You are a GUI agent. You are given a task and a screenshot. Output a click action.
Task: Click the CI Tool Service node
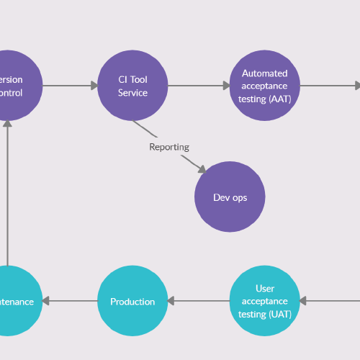[132, 86]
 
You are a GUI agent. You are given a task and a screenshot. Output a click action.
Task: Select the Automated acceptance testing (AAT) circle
[264, 86]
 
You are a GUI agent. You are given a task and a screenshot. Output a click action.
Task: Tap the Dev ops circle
[230, 197]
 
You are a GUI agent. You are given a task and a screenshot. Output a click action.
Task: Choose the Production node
[132, 301]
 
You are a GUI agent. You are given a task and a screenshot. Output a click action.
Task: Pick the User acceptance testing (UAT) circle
[264, 301]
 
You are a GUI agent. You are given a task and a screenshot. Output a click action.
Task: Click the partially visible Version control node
[11, 86]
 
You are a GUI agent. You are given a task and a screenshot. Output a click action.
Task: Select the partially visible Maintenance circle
[11, 301]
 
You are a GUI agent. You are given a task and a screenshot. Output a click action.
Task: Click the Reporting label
[169, 147]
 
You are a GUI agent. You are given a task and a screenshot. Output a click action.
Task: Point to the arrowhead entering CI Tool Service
[94, 86]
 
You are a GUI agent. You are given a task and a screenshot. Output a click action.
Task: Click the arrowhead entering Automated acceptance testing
[225, 86]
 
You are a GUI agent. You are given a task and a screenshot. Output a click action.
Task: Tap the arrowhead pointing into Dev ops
[202, 170]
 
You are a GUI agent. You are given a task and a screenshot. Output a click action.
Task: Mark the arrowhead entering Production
[172, 301]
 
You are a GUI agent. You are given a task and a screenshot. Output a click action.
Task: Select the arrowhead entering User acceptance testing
[304, 301]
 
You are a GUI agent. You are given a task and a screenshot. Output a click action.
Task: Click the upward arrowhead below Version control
[7, 124]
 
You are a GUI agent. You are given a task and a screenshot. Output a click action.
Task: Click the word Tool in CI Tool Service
[138, 80]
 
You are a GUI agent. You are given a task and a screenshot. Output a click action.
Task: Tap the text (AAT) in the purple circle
[279, 99]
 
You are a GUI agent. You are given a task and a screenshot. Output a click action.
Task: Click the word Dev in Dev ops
[222, 197]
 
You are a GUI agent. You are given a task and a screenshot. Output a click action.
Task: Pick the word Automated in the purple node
[264, 73]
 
